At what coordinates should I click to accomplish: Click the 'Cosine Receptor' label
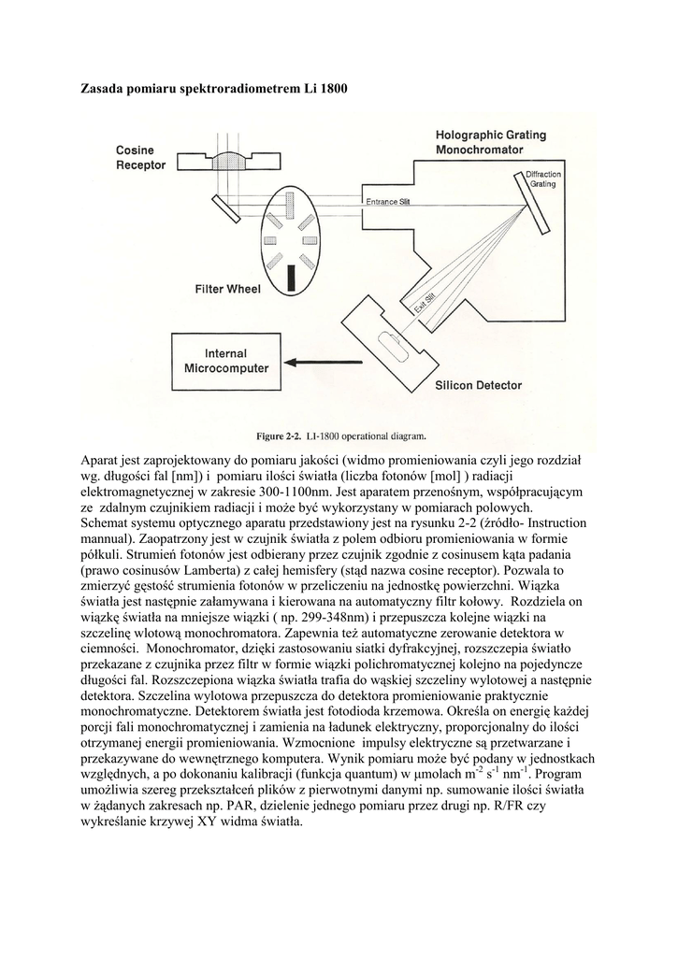[140, 158]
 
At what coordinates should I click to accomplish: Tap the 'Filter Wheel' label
[227, 289]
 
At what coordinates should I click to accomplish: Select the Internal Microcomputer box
[227, 361]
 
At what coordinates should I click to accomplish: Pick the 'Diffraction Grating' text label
[543, 179]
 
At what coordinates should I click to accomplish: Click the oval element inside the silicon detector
[397, 350]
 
